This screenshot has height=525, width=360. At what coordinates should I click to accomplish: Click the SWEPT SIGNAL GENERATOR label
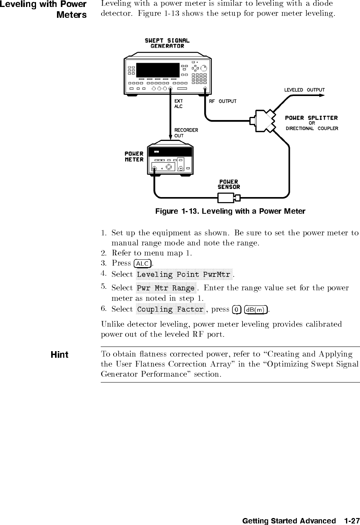coord(167,43)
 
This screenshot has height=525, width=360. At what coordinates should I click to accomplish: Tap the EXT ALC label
coord(178,104)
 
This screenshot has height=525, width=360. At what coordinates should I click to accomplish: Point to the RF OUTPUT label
coord(222,101)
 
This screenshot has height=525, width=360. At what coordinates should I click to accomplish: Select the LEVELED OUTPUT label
coord(304,90)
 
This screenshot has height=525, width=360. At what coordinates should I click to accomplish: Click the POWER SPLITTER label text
coord(311,118)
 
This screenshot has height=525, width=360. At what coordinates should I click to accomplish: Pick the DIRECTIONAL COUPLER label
coord(312,129)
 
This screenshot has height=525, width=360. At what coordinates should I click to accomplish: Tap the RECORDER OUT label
coord(186,133)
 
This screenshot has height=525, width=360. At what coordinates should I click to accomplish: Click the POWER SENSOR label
coord(229,184)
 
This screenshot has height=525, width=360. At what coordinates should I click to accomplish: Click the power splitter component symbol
coord(263,121)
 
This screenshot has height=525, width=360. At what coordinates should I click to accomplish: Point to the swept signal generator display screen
coord(158,70)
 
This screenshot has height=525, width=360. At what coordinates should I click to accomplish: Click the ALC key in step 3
coord(143,264)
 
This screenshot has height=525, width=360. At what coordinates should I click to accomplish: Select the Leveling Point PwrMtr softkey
coord(184,275)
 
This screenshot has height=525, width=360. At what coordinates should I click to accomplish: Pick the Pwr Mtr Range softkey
coord(166,288)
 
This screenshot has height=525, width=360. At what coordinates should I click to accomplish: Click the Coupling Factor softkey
coord(171,309)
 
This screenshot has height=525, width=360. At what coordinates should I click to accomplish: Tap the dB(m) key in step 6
coord(256,309)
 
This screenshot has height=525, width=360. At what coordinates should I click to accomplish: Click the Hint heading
coord(60,355)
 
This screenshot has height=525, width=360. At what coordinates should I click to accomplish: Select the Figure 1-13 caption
coord(230,211)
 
